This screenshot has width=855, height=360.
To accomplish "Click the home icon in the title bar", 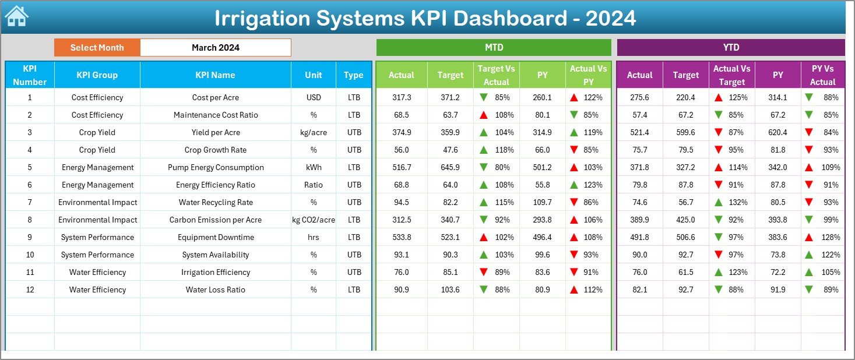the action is tap(16, 16).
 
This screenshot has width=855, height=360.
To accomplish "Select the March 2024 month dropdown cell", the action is tap(216, 48).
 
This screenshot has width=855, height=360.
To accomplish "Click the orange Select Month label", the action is tap(97, 48).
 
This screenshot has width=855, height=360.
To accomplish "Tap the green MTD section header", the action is tap(494, 47).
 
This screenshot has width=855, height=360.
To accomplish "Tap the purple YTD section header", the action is tap(731, 47).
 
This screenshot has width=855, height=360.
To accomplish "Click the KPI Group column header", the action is tap(97, 75).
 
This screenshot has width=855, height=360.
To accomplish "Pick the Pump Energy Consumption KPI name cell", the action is tap(215, 167).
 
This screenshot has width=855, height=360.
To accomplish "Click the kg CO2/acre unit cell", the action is tap(314, 220).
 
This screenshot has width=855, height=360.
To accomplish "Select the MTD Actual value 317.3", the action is tap(402, 97).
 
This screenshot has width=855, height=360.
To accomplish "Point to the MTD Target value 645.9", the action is tap(450, 167).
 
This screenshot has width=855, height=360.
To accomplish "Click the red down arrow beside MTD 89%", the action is tap(483, 272).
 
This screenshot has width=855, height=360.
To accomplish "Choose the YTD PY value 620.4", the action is tap(777, 132).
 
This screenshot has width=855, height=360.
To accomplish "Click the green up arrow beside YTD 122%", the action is tap(809, 255).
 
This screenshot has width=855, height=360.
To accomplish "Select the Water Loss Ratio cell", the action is tap(215, 290).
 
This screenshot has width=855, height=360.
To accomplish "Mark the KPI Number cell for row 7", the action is tap(30, 202).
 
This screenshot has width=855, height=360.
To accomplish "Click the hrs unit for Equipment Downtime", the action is tap(314, 237).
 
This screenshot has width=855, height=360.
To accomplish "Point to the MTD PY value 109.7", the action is tap(542, 202).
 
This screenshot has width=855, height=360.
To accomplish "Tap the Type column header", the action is tap(353, 75).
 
